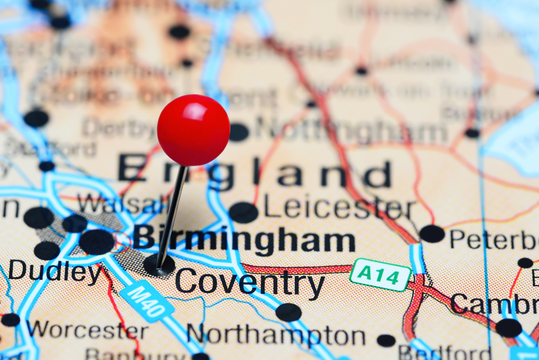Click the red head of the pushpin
193,130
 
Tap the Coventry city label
250,281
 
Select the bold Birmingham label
244,239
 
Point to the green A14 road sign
381,274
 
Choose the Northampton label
275,335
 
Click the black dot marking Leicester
243,212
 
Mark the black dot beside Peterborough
432,233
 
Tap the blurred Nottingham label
350,129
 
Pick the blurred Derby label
120,129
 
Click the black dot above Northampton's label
288,312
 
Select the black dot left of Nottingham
239,132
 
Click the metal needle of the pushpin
171,216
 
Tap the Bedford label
445,353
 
